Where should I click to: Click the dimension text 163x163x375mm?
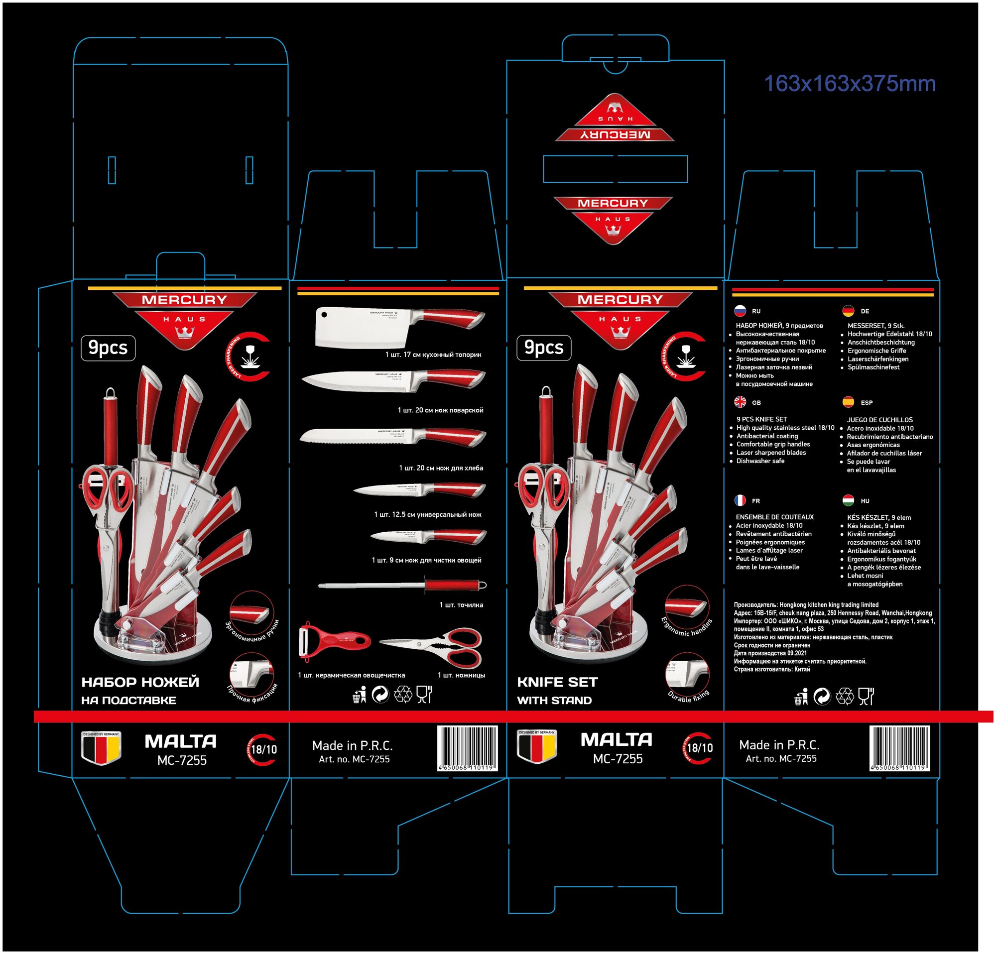coord(849,84)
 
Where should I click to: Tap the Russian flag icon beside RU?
coord(740,311)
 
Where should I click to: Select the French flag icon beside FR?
coord(740,500)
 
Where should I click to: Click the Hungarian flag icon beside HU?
coord(848,500)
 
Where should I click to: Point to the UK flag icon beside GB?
coord(740,402)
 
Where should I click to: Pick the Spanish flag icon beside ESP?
coord(848,402)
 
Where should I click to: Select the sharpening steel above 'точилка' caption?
coord(402,585)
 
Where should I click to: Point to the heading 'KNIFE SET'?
coord(557,682)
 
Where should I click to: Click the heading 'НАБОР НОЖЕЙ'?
coord(140,682)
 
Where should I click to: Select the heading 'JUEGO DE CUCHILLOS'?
coord(879,420)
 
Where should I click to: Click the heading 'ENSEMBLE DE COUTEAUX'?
coord(774,517)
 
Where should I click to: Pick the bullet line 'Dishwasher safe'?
coord(760,461)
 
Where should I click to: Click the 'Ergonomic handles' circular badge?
coord(687,609)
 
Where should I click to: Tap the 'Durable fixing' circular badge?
coord(687,678)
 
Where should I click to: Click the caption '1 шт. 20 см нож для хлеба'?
coord(441,468)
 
